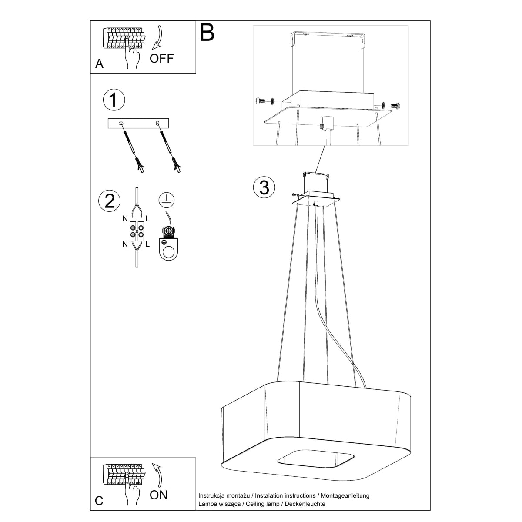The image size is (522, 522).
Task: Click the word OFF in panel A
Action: [162, 58]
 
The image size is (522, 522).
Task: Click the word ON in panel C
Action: [158, 495]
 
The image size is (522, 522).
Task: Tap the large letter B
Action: [207, 33]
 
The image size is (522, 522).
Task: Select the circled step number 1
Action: [114, 100]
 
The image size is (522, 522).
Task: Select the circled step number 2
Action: [110, 201]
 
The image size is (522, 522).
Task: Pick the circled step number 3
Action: [264, 187]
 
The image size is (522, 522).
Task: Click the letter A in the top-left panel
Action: [100, 64]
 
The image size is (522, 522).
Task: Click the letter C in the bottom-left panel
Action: [99, 501]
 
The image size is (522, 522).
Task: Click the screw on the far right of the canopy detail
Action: [395, 105]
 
